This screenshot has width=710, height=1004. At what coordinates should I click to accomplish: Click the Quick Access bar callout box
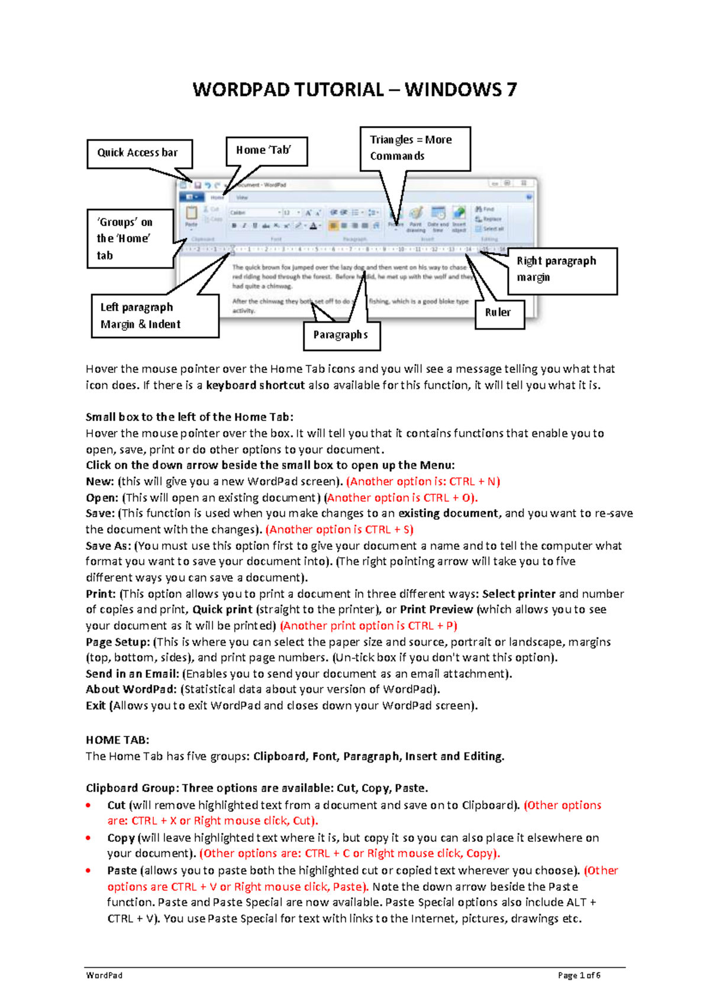(140, 153)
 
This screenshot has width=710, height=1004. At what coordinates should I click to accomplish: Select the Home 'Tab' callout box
(267, 150)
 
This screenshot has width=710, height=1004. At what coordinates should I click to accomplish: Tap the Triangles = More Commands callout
(415, 148)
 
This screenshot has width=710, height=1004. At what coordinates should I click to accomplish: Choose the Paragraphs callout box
(341, 335)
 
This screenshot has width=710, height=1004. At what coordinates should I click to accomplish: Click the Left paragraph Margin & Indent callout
(154, 316)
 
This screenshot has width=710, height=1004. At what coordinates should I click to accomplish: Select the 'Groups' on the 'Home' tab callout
(130, 239)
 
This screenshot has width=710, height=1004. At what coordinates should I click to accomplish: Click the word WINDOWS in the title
(453, 90)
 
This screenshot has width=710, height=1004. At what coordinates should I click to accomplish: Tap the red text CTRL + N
(475, 481)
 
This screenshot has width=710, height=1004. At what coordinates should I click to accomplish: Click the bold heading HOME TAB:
(117, 740)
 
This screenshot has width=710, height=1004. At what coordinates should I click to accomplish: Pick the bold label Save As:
(108, 546)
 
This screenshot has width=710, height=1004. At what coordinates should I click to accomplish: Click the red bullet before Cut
(89, 805)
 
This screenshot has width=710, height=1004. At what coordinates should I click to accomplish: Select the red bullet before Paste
(89, 871)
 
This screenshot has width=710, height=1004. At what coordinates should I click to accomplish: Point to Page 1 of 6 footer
(579, 976)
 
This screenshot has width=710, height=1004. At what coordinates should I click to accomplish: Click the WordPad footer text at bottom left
(104, 976)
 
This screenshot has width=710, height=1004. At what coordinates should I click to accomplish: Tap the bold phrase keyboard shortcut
(255, 385)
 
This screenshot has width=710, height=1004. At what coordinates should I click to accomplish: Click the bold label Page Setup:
(118, 642)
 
